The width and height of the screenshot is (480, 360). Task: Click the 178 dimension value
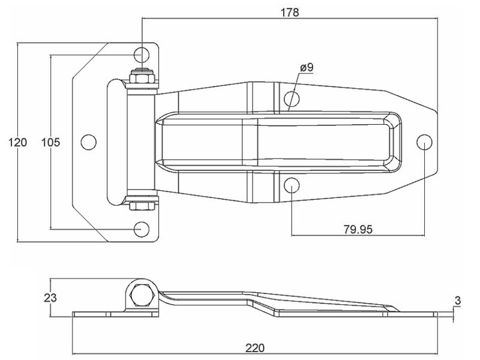289,12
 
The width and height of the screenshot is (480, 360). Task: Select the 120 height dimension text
18,142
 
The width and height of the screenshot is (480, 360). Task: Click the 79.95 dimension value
357,229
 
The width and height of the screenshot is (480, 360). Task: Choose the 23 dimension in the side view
50,298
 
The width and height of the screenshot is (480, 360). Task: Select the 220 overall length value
255,347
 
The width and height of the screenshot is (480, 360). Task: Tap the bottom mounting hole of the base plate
142,229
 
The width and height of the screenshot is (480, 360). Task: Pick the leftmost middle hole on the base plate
89,142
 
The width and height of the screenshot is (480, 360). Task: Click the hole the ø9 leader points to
291,98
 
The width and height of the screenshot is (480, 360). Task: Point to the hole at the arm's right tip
424,142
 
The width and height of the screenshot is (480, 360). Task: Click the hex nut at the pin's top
142,77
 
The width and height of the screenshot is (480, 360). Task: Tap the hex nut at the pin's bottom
142,206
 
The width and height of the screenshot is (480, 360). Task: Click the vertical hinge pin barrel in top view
142,142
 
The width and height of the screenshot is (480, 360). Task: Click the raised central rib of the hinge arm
276,142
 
